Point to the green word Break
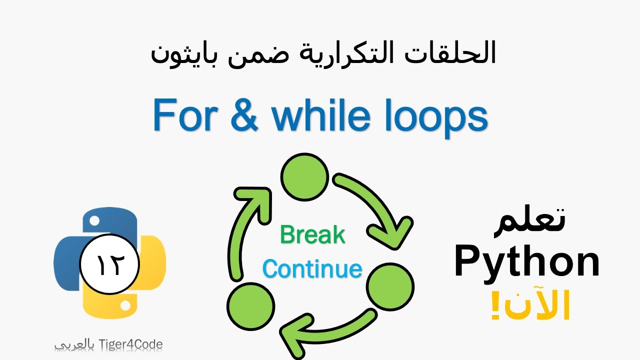(x=312, y=234)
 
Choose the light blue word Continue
(x=312, y=269)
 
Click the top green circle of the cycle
(x=304, y=176)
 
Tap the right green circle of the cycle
(x=390, y=286)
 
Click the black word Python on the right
(x=527, y=262)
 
